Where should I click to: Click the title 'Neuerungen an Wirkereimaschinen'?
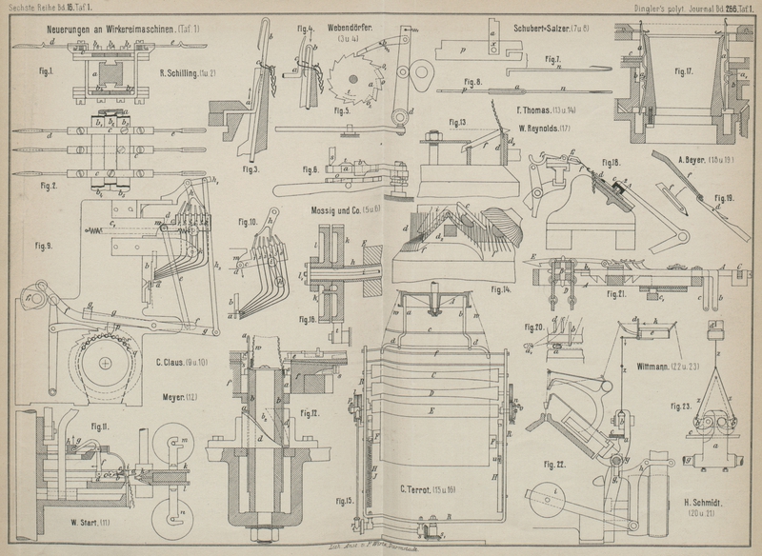(106, 30)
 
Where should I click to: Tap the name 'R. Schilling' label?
(190, 73)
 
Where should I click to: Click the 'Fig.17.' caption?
(685, 71)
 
